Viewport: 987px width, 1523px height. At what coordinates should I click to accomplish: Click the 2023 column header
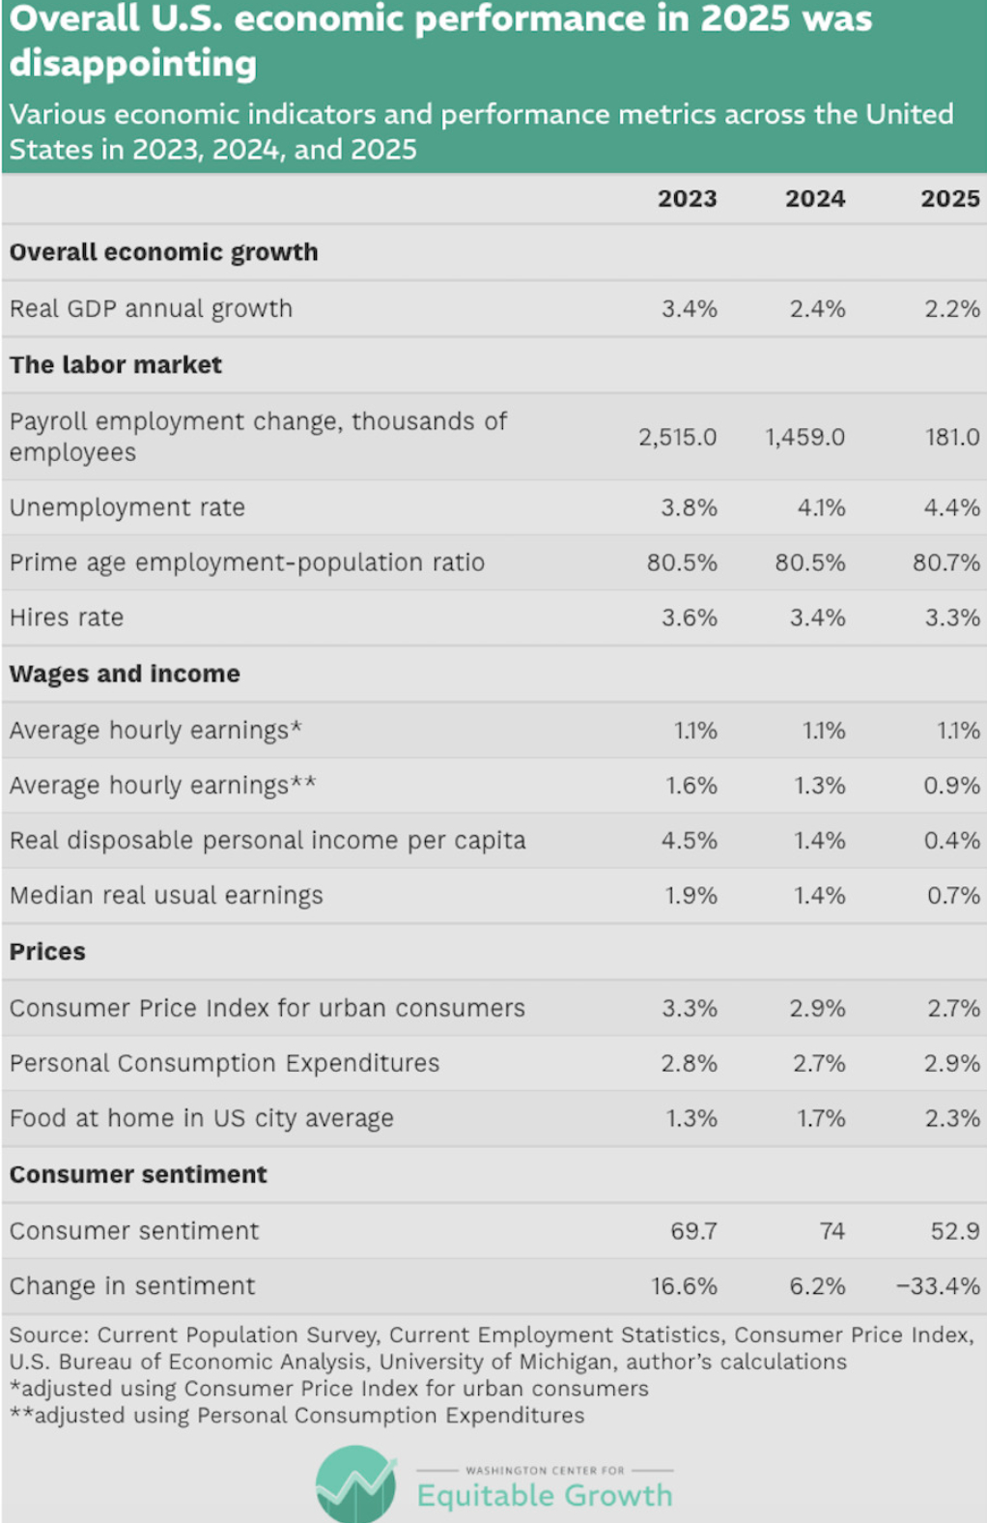tap(687, 199)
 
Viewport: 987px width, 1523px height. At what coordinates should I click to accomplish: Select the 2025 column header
tap(949, 199)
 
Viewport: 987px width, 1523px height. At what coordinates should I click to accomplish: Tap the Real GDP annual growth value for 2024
tap(817, 309)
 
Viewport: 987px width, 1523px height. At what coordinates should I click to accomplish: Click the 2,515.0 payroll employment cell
tap(677, 437)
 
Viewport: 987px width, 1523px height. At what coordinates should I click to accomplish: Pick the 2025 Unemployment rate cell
tap(951, 507)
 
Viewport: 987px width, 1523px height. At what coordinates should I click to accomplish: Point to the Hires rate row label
tap(67, 618)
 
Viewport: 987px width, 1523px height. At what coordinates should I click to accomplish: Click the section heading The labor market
tap(116, 365)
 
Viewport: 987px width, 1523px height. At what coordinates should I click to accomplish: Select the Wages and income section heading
tap(125, 674)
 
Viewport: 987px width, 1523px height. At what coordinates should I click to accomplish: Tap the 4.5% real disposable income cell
tap(689, 841)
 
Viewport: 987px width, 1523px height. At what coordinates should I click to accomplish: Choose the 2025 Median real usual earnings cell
tap(953, 896)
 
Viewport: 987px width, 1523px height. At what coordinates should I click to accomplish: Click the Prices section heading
tap(47, 952)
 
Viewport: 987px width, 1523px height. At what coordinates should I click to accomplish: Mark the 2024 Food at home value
tap(820, 1119)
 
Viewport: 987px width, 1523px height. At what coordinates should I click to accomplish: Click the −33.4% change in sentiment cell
tap(937, 1286)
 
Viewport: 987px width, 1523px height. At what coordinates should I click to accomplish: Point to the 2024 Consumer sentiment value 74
tap(832, 1231)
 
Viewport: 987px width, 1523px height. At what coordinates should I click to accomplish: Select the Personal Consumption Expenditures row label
tap(224, 1063)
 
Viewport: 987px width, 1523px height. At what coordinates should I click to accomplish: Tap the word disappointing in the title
tap(133, 65)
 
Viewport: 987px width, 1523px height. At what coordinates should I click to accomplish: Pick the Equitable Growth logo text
tap(545, 1496)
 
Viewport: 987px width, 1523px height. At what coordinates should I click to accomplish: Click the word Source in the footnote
tap(48, 1336)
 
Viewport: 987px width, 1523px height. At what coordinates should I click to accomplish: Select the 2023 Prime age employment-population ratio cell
tap(681, 562)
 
